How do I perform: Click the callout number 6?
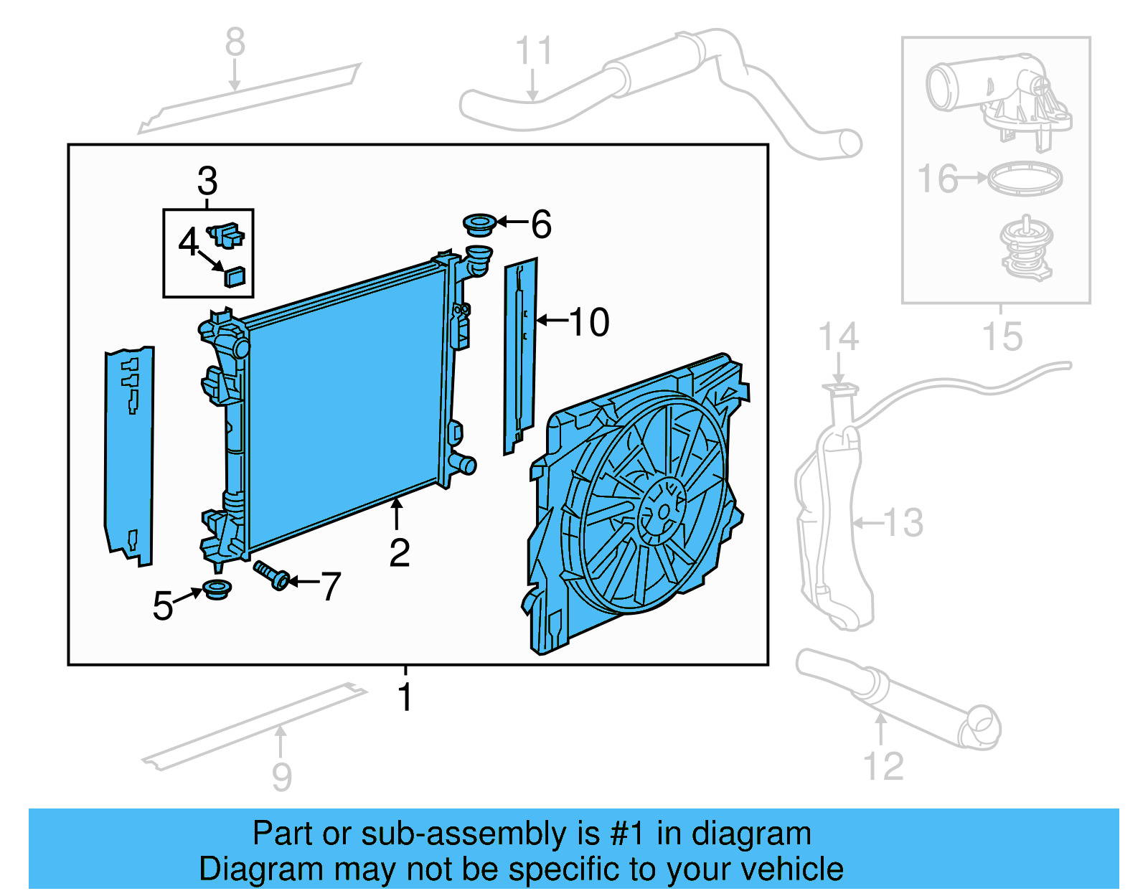coord(541,225)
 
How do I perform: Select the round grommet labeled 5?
coord(217,590)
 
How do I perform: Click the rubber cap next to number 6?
coord(479,224)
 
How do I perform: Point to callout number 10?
coord(589,322)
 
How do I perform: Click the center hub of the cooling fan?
coord(662,511)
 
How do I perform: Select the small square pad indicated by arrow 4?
coord(235,276)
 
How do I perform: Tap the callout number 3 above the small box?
coord(207,181)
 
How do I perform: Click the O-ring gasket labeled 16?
coord(1025,179)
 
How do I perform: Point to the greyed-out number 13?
coord(903,522)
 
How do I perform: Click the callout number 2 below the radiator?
coord(400,552)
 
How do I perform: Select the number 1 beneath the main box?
coord(405,697)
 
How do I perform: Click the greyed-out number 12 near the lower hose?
coord(883,766)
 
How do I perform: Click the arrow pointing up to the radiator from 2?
coord(396,513)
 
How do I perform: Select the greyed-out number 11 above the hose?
coord(534,52)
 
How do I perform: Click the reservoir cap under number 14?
coord(839,390)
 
